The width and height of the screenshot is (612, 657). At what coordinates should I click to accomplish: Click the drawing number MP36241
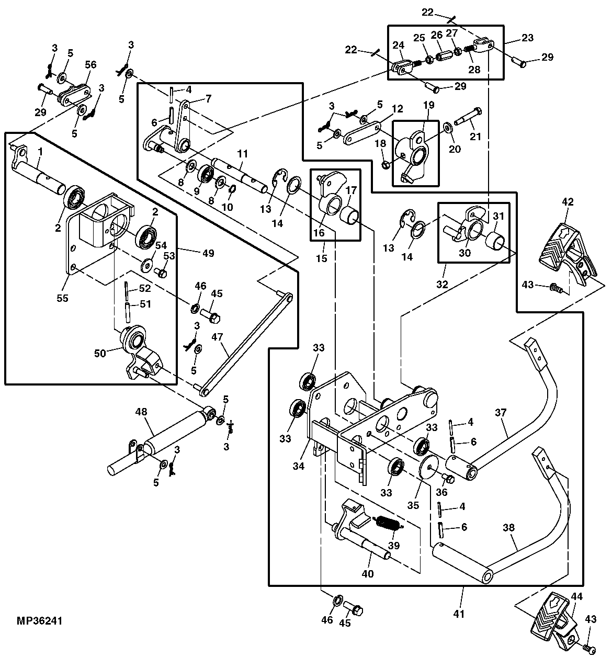click(x=40, y=621)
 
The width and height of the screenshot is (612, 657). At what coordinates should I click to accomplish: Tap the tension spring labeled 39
click(x=388, y=524)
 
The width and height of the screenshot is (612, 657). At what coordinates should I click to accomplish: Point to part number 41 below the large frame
click(x=459, y=614)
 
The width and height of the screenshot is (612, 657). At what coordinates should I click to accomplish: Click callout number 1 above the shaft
click(x=40, y=152)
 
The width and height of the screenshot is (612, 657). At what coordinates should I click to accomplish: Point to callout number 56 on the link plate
click(x=90, y=65)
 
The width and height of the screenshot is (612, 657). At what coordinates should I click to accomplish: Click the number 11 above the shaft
click(x=242, y=154)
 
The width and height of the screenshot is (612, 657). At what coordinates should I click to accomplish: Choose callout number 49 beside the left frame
click(x=209, y=253)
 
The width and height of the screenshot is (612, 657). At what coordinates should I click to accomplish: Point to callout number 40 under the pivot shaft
click(x=368, y=574)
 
